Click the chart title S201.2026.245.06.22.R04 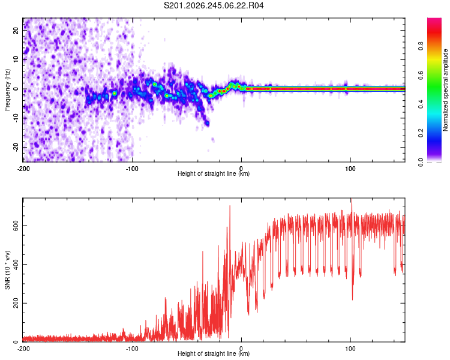click(x=214, y=5)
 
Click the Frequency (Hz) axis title click(x=7, y=90)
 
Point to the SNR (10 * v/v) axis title click(x=7, y=270)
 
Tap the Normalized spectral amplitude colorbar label click(x=445, y=90)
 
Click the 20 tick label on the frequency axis click(x=16, y=30)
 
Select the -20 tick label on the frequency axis click(x=16, y=148)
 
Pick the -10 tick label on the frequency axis click(x=16, y=118)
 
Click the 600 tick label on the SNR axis click(x=16, y=226)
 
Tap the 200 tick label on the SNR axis click(x=16, y=303)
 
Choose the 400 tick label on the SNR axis click(x=16, y=265)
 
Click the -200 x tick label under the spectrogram click(x=23, y=169)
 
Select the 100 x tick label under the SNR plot click(x=350, y=349)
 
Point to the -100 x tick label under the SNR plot click(x=132, y=349)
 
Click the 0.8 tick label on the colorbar click(x=421, y=46)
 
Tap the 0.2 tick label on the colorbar click(x=421, y=133)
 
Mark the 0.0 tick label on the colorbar click(x=421, y=162)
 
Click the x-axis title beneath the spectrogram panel click(x=214, y=173)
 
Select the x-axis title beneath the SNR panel click(x=214, y=353)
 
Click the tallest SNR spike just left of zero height click(x=230, y=206)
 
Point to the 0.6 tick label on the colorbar click(x=421, y=75)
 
